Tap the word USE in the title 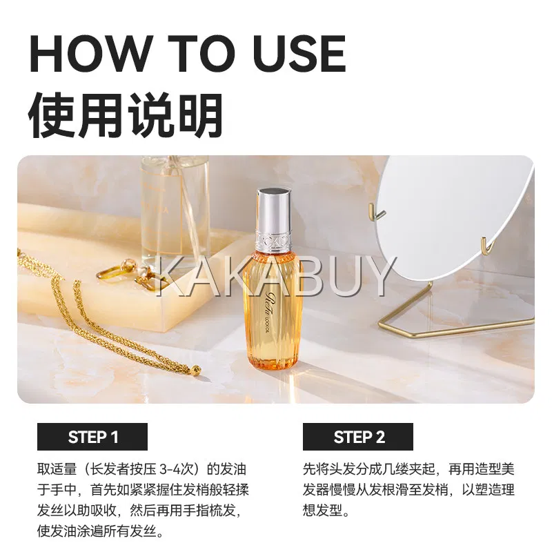coord(299,54)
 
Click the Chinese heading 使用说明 coord(126,115)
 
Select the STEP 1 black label coord(92,437)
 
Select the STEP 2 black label coord(358,437)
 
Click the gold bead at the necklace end coord(197,371)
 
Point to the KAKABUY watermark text coord(275,275)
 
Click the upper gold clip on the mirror coord(377,210)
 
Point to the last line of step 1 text coord(101,531)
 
